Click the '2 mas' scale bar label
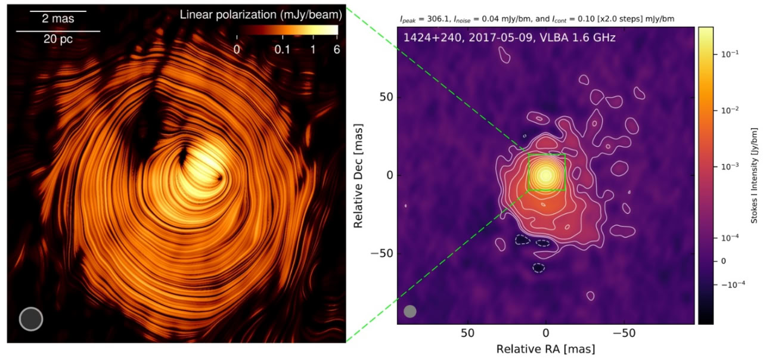58,19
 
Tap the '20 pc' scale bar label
58,39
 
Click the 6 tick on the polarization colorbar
336,49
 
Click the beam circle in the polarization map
31,319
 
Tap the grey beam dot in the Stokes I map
410,311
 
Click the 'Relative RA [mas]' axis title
545,349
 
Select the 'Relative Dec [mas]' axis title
359,175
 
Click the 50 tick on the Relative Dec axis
383,97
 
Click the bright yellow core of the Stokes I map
545,175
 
